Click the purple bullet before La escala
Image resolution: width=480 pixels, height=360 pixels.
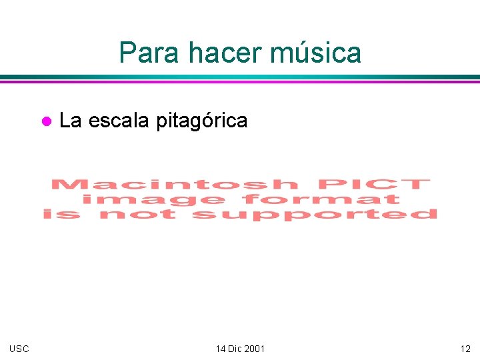pos(45,122)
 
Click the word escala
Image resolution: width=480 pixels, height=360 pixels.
pos(119,121)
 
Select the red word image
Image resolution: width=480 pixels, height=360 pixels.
pos(153,199)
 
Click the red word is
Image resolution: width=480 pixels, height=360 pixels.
pos(61,215)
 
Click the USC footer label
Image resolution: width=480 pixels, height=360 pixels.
pos(19,349)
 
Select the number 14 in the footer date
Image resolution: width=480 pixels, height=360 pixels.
pos(221,349)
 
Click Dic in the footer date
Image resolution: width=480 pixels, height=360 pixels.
pos(236,349)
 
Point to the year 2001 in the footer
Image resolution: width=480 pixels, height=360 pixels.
pos(255,349)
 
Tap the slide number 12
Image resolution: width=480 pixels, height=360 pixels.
pos(465,349)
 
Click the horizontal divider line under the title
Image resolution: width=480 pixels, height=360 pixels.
pos(240,79)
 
